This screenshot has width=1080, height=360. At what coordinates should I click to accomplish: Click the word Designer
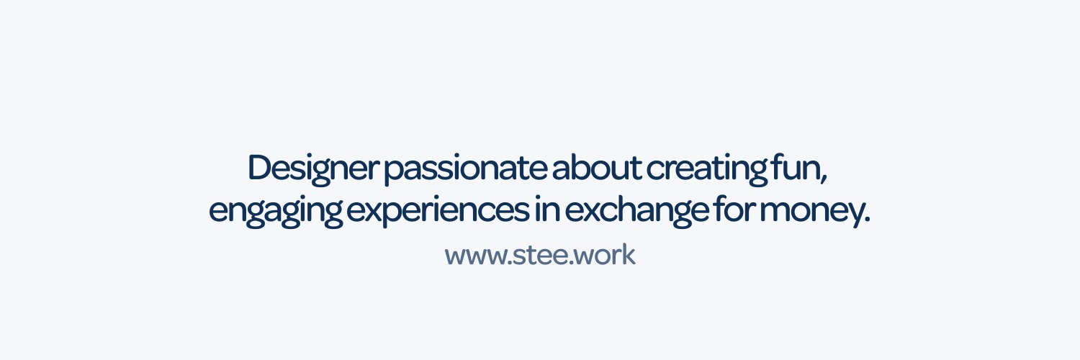coord(312,168)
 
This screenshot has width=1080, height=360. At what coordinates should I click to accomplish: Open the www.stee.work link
coord(540,256)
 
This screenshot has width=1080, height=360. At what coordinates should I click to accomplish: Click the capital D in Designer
coord(260,168)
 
